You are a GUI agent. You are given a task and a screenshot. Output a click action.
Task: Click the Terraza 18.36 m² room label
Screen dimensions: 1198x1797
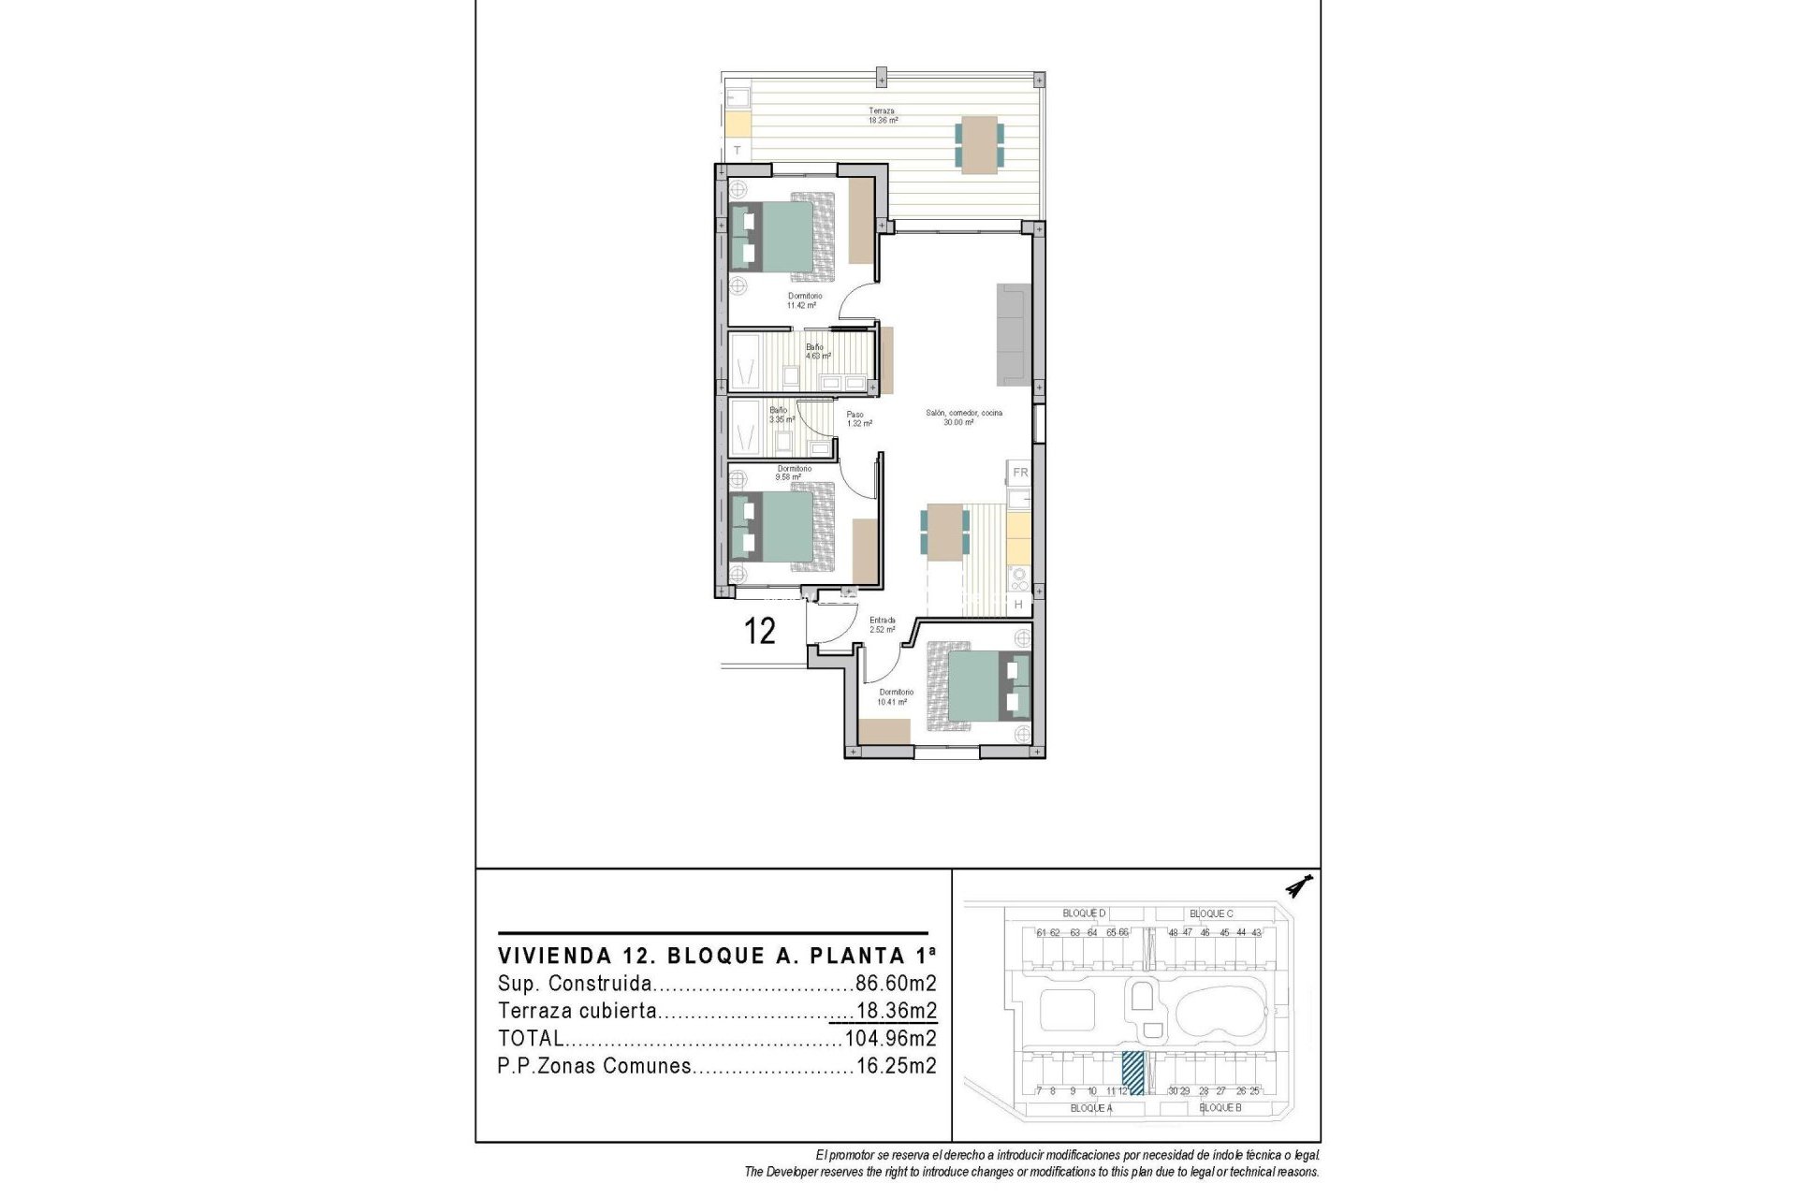tap(883, 115)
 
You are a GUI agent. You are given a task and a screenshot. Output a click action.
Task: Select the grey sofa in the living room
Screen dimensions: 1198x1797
tap(1014, 334)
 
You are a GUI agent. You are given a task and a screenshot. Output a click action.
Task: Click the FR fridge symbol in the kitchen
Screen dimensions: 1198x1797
tap(1020, 473)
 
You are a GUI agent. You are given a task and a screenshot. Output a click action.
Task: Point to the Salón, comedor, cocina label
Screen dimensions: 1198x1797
tap(963, 417)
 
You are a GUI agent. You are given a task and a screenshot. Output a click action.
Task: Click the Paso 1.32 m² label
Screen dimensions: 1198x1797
tap(858, 419)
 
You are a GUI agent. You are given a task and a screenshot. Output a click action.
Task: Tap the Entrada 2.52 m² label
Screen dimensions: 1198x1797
tap(882, 625)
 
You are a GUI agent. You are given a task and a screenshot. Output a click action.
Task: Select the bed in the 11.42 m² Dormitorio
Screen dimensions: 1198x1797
tap(782, 238)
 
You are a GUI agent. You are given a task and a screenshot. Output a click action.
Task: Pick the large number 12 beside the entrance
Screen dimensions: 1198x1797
tap(759, 631)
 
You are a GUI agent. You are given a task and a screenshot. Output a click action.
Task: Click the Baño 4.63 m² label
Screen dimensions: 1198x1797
tap(817, 351)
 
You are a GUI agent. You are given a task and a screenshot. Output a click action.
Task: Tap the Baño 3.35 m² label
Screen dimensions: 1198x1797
tap(781, 415)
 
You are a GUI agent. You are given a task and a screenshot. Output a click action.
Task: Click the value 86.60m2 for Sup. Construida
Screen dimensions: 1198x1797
tap(896, 984)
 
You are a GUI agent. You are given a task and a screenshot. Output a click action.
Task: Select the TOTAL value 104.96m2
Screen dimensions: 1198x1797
tap(890, 1038)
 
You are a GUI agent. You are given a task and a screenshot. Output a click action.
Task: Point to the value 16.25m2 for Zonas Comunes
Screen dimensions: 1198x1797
tap(896, 1066)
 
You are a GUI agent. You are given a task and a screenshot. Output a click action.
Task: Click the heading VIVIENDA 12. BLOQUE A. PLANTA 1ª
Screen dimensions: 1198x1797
tap(716, 956)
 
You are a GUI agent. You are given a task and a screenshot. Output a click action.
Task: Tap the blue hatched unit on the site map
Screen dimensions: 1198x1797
tap(1132, 1073)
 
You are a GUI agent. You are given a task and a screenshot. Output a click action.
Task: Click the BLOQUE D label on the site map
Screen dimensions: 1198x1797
tap(1084, 913)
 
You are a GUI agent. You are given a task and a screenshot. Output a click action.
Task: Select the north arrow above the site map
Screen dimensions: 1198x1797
tap(1299, 885)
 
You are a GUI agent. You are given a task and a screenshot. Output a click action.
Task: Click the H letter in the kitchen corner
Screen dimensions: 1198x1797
tap(1018, 606)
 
